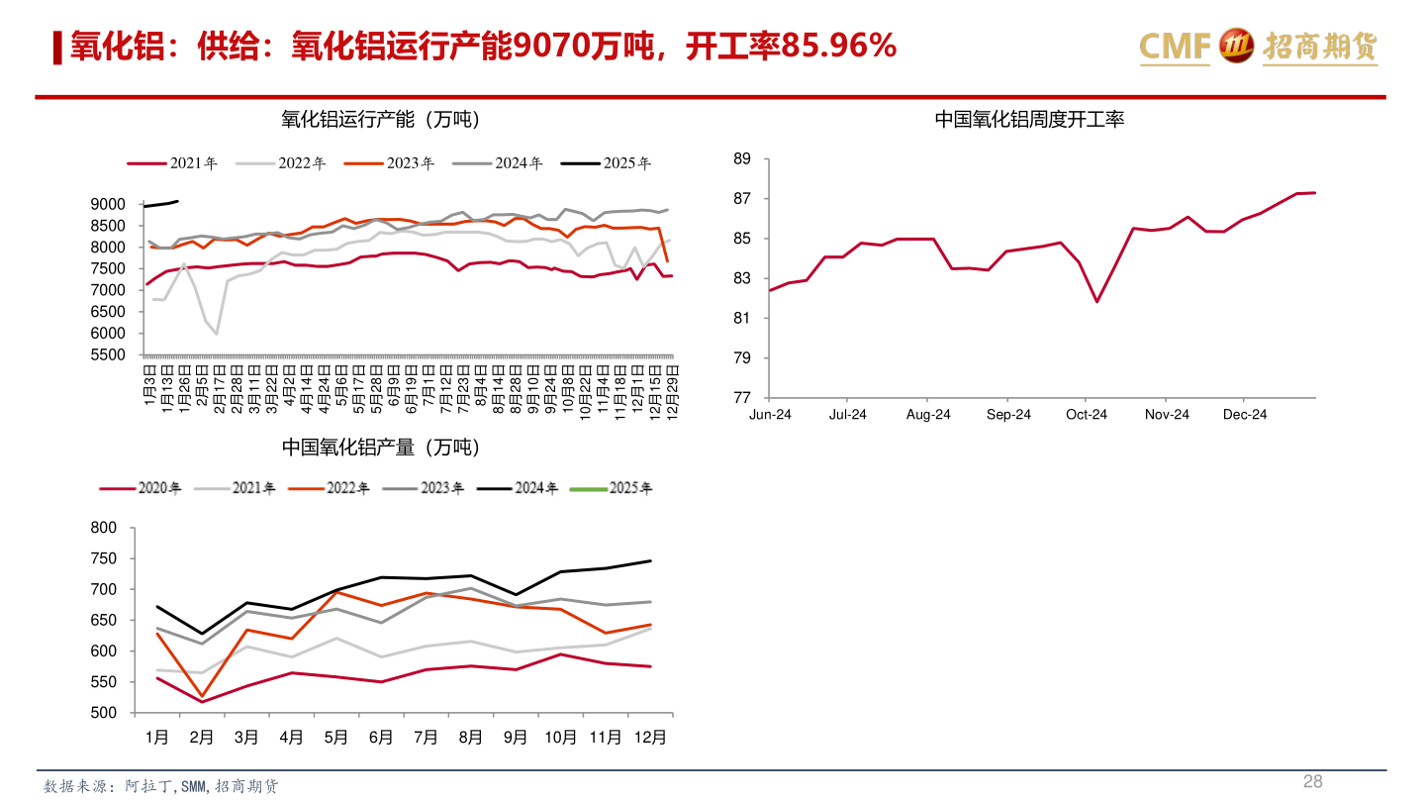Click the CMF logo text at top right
coord(1175,46)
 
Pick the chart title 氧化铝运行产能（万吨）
coord(380,120)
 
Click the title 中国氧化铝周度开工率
coord(1029,120)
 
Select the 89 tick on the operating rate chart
coord(742,159)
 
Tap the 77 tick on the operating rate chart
coord(742,397)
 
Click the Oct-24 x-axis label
coord(1087,415)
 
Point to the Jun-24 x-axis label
coord(770,415)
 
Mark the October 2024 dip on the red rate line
coord(1096,301)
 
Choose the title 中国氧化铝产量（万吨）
coord(380,448)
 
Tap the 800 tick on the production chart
coord(103,528)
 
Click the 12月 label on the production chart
coord(649,738)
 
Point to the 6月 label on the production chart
coord(381,738)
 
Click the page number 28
coord(1312,781)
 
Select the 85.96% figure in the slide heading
coord(839,46)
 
